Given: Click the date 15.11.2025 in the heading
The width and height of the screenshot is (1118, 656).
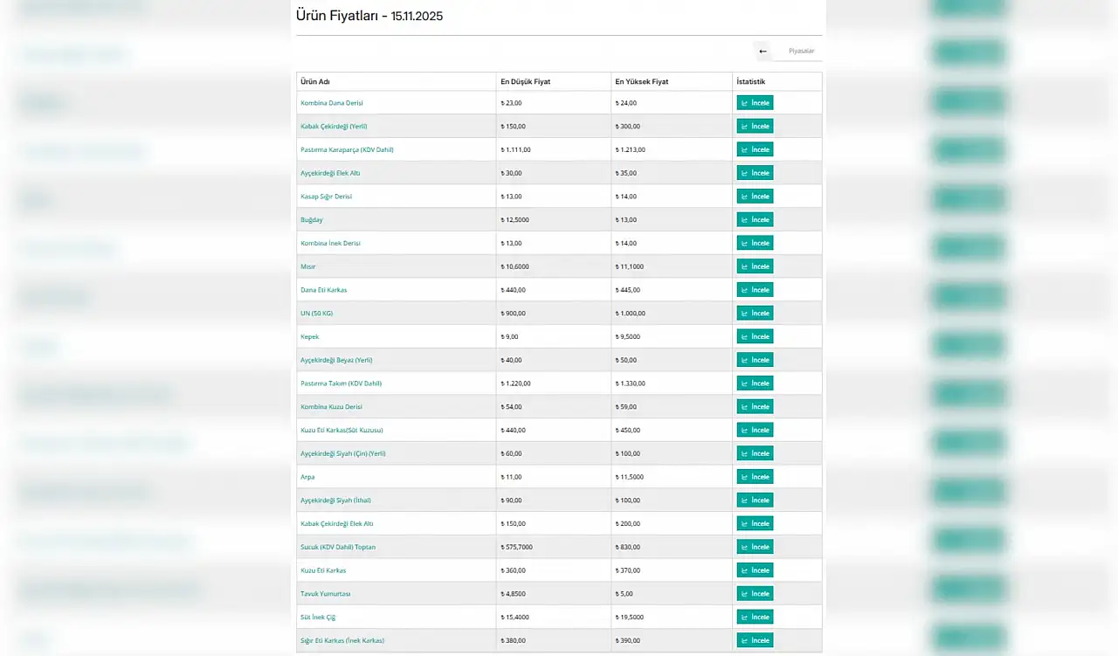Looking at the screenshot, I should tap(417, 17).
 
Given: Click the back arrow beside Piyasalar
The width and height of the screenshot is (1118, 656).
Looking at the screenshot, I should tap(763, 52).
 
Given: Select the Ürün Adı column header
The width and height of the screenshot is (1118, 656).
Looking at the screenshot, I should tap(315, 82).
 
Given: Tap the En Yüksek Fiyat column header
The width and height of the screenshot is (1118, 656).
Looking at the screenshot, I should tap(642, 82).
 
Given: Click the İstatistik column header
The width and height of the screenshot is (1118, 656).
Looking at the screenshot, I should tap(751, 82).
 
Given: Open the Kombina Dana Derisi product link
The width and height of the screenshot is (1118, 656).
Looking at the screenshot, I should tap(332, 103).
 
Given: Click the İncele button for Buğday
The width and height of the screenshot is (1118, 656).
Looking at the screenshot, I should tap(755, 220).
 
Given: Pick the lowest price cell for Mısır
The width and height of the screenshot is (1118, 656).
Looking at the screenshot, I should tap(515, 267).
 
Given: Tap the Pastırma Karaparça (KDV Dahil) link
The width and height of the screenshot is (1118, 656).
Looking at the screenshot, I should tap(347, 150).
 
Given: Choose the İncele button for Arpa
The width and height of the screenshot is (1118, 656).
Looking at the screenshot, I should tap(755, 477).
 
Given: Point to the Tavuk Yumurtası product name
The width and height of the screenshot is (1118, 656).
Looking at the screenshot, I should tap(326, 594).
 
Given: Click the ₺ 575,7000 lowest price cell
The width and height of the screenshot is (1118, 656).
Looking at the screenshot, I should tap(517, 548).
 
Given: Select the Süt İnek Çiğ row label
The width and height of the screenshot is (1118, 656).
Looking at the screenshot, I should tap(318, 618).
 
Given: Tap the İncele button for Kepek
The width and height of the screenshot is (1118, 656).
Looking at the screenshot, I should tap(755, 337).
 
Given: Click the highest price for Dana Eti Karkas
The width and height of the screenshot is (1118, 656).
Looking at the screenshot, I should tap(628, 290).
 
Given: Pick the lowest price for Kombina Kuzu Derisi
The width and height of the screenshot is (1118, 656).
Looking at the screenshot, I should tap(512, 407).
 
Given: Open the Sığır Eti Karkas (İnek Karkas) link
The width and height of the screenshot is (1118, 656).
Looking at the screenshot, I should tap(342, 641).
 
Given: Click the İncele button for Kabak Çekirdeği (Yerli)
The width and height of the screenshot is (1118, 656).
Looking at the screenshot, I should tap(755, 127).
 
